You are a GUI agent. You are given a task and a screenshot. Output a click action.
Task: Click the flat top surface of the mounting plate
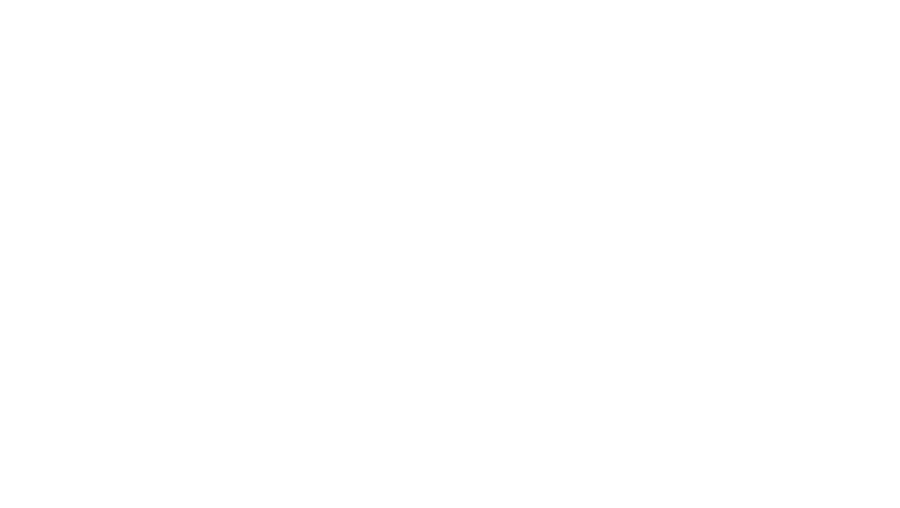[x=282, y=71]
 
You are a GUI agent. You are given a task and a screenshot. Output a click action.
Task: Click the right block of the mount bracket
[x=397, y=190]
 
